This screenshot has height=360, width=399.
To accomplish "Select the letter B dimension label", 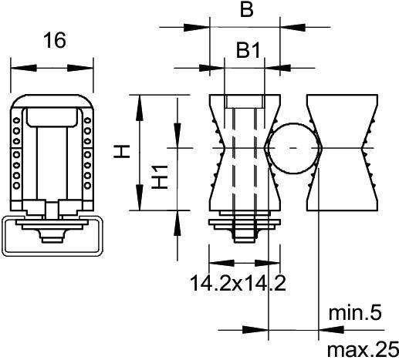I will pos(245,10).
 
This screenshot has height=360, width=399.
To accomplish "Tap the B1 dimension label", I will pos(246,52).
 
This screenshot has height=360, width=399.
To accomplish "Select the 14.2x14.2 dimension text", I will pos(238,284).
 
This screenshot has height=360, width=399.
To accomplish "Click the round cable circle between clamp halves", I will pos(292,148).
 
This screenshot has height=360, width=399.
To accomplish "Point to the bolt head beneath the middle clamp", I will pos(245,232).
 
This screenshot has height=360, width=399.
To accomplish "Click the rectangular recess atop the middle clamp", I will pos(245,103).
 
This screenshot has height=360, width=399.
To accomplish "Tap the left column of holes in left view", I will pos(15,151).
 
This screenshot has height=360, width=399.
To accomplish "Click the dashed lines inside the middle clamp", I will pos(245,162).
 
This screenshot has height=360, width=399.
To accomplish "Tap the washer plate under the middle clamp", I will pos(245,222).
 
